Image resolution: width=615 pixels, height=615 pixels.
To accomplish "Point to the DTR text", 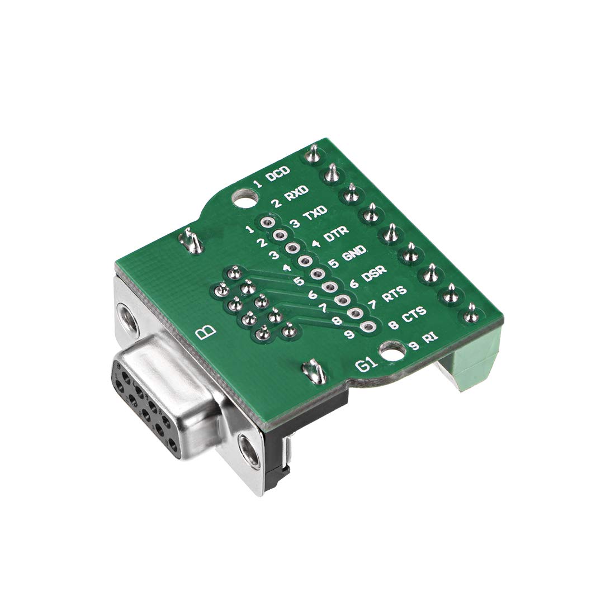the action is (336, 234).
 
